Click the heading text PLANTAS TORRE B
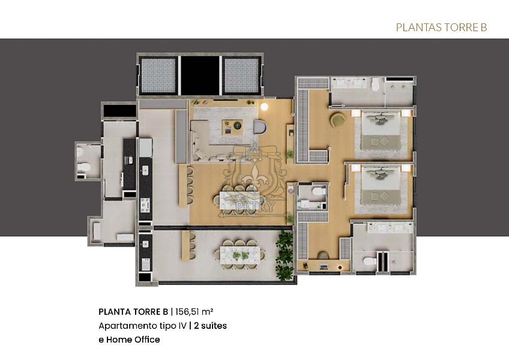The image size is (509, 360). click(x=441, y=28)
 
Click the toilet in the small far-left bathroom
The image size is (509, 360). click(x=85, y=166)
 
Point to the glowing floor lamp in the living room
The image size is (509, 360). click(x=264, y=107)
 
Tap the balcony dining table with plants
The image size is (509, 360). click(x=240, y=252)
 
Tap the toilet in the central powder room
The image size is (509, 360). click(x=319, y=193)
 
